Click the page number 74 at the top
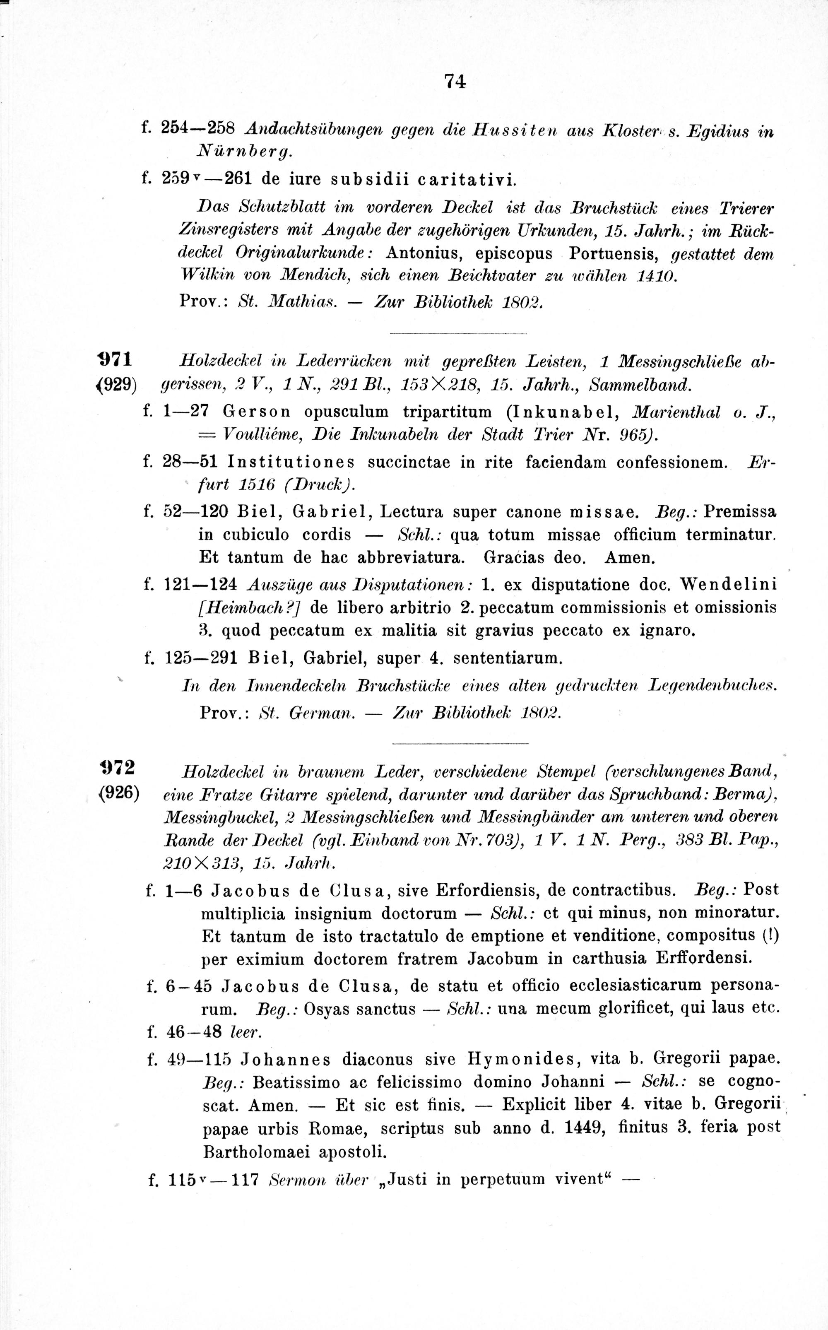pyautogui.click(x=455, y=81)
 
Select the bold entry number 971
pyautogui.click(x=116, y=360)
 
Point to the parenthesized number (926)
pyautogui.click(x=117, y=793)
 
